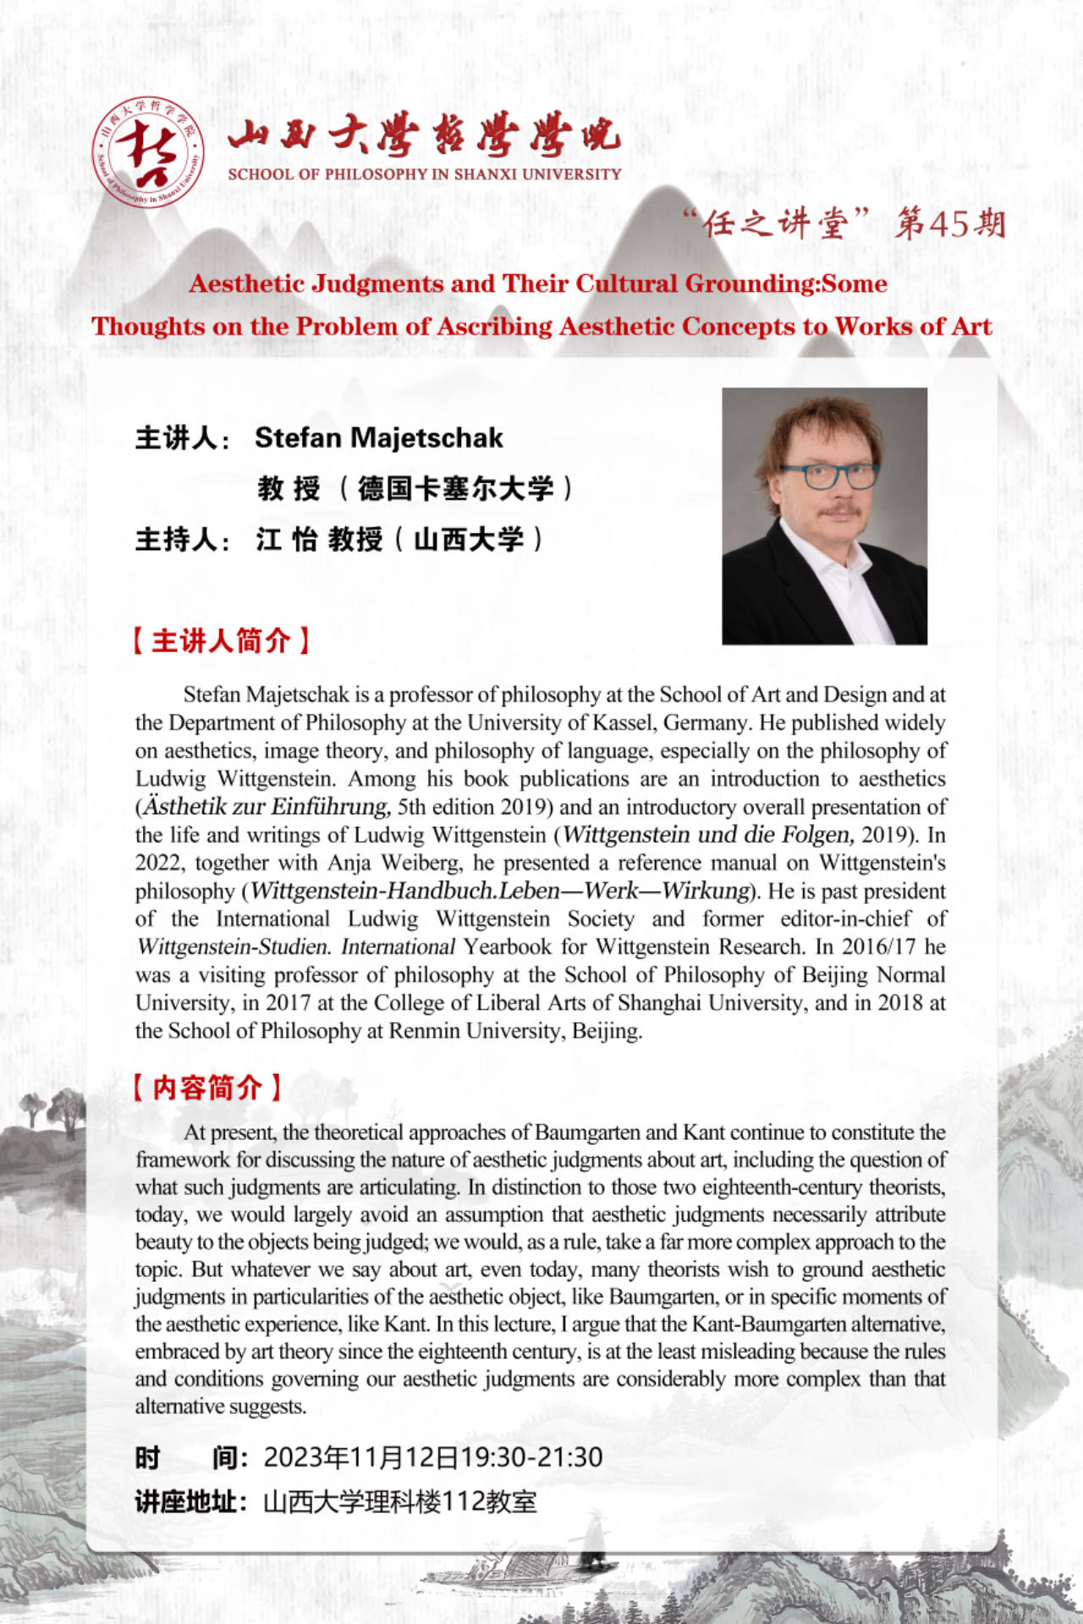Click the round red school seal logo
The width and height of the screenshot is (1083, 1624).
[x=147, y=153]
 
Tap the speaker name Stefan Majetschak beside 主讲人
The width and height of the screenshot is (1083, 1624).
[x=378, y=438]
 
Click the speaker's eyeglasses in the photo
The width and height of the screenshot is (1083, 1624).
[x=827, y=476]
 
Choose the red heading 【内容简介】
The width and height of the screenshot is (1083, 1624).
[x=206, y=1087]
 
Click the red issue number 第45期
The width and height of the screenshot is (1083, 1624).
[x=950, y=224]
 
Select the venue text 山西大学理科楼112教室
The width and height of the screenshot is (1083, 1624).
[x=400, y=1502]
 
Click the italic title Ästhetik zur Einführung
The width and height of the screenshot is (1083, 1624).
[x=266, y=806]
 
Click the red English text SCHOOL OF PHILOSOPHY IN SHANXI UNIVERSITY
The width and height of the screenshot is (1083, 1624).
[x=424, y=174]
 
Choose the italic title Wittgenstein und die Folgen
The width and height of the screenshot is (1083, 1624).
[x=707, y=834]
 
